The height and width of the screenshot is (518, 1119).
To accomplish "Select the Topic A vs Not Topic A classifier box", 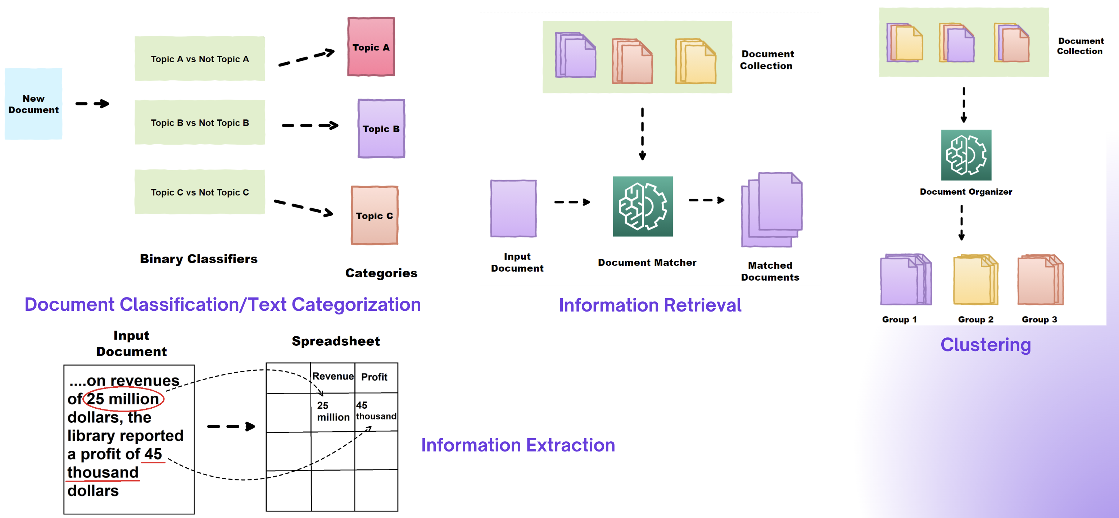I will click(x=200, y=59).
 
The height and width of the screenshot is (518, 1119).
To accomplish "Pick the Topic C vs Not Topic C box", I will click(x=200, y=192).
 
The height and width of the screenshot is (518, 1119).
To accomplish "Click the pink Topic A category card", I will click(x=371, y=47).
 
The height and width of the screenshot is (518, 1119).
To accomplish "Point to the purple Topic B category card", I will click(x=381, y=128).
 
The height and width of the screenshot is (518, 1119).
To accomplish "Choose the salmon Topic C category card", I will click(x=375, y=215).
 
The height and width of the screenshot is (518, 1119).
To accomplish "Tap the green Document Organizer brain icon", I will click(x=966, y=155).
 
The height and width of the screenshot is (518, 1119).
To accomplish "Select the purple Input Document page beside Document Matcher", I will click(x=513, y=208).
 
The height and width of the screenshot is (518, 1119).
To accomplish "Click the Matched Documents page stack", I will click(x=771, y=210).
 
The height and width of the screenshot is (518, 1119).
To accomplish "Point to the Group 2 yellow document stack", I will click(x=975, y=280).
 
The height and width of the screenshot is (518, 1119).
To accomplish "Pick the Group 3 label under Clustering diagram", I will click(x=1039, y=319).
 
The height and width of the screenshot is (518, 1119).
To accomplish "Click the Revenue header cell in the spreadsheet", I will click(x=333, y=377).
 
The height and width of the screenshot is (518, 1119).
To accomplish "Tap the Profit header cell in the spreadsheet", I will click(x=375, y=377).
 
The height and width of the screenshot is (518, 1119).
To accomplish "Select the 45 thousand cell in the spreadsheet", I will click(x=376, y=411).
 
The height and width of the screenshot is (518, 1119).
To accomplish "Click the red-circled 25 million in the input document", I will click(x=123, y=399).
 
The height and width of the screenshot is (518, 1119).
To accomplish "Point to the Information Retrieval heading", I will click(x=650, y=305).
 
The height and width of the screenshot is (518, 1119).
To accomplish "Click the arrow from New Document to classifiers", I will click(x=92, y=104).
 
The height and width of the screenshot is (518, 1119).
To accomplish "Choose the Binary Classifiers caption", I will click(x=199, y=259).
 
